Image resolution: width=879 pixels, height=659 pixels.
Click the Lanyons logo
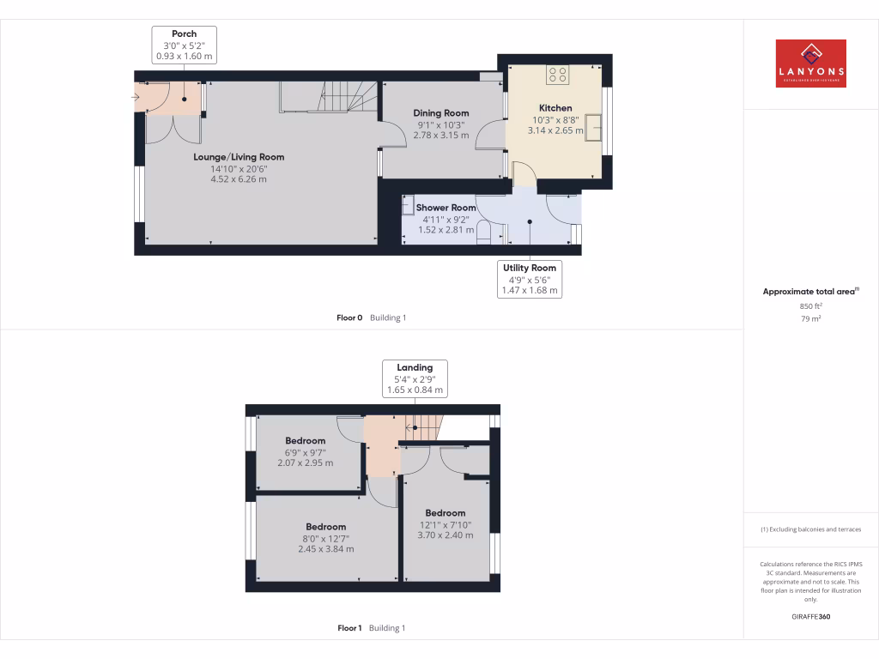point(810,63)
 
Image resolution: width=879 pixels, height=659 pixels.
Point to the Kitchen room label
point(555,108)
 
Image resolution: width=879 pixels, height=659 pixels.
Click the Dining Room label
point(441,113)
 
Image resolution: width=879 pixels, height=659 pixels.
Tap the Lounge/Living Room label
point(239,157)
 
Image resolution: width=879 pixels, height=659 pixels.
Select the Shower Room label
point(446,208)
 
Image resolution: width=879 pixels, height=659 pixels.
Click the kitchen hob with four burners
point(558,75)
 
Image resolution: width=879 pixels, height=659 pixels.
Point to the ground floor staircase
point(330,96)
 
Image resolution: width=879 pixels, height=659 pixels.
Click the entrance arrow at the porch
point(136,97)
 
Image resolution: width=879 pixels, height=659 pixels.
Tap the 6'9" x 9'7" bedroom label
point(305,441)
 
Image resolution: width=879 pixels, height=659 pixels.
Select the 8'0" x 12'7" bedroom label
point(326,527)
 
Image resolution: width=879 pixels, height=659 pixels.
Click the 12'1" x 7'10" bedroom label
point(445,513)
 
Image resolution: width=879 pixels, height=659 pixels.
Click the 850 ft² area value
point(810,306)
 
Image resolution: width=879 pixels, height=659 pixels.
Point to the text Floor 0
point(350,317)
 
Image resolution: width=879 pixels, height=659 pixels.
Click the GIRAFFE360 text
point(810,616)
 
